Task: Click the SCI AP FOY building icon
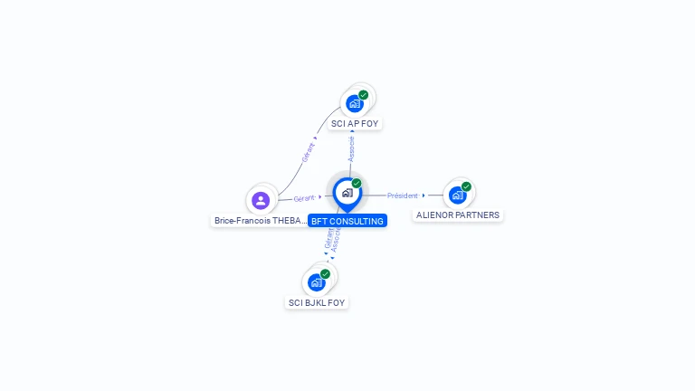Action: [x=355, y=103]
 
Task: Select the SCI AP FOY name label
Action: [x=355, y=123]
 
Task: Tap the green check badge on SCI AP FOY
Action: [x=363, y=95]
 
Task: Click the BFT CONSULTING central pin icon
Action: [x=347, y=193]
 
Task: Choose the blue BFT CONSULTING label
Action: [x=347, y=221]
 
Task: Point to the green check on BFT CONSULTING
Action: [x=357, y=184]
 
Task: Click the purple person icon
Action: [x=261, y=200]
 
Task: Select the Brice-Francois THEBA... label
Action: [x=260, y=221]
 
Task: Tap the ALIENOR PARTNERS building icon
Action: [x=458, y=195]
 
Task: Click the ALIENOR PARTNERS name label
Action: [x=458, y=215]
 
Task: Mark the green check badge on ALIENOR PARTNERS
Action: [x=466, y=187]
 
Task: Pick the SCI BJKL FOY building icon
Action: [x=317, y=281]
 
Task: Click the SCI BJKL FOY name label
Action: [x=317, y=302]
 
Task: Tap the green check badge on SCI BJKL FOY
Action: [x=325, y=274]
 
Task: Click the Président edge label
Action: [x=403, y=195]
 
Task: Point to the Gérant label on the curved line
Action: [x=308, y=152]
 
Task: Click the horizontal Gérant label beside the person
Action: [x=304, y=198]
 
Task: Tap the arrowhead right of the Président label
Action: [x=424, y=195]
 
